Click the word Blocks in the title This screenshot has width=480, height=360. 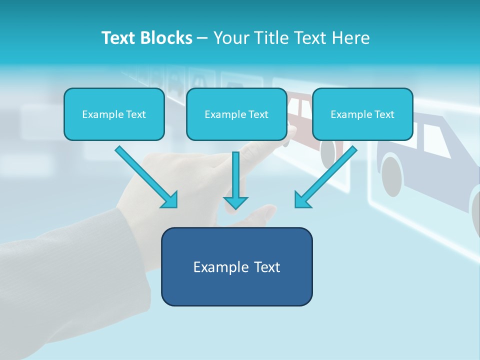166,38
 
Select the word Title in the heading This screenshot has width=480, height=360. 272,38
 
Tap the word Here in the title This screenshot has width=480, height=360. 351,38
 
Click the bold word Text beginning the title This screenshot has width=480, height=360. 119,38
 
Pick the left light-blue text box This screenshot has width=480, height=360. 114,114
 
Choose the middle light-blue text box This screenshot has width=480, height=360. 236,114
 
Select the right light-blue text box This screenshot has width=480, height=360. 362,114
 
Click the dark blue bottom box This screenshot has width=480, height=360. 237,266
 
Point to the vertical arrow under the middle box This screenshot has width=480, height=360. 235,180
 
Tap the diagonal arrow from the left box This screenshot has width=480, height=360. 146,177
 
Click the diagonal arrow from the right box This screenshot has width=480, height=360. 326,177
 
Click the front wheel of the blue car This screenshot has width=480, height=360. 392,176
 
